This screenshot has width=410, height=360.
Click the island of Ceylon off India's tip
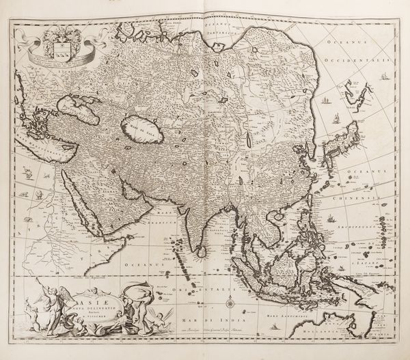pos(202,251)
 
